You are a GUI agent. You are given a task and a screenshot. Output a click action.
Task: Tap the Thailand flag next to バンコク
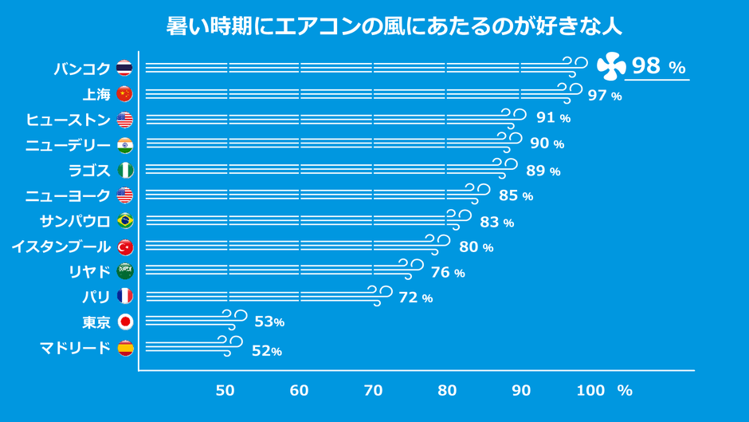coord(124,68)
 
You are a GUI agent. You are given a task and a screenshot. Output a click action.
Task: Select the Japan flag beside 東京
coord(124,322)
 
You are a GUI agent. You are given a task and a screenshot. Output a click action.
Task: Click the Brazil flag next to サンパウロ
coord(124,220)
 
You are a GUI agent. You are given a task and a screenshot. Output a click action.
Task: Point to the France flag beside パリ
coord(124,297)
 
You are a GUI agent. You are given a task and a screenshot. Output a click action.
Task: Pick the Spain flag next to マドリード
coord(124,348)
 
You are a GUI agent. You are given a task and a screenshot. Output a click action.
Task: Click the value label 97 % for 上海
coord(604,96)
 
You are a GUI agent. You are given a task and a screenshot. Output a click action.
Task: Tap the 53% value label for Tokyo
coord(269,322)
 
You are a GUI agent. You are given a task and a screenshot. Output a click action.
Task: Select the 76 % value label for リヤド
coord(447,273)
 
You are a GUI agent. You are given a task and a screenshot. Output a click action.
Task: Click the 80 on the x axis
coord(447,391)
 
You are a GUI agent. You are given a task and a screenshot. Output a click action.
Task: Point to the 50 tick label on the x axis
coord(225,391)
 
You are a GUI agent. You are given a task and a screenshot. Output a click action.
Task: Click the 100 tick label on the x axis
coord(590,391)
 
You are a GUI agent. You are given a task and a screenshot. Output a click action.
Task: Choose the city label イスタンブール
coord(61,246)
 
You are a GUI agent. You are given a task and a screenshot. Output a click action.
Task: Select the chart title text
coord(394,26)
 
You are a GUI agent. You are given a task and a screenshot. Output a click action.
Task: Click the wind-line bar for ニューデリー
coord(327,144)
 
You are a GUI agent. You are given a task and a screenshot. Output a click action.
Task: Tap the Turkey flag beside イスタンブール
coord(124,246)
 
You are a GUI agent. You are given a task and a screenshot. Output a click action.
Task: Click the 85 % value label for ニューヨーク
coord(516,196)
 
